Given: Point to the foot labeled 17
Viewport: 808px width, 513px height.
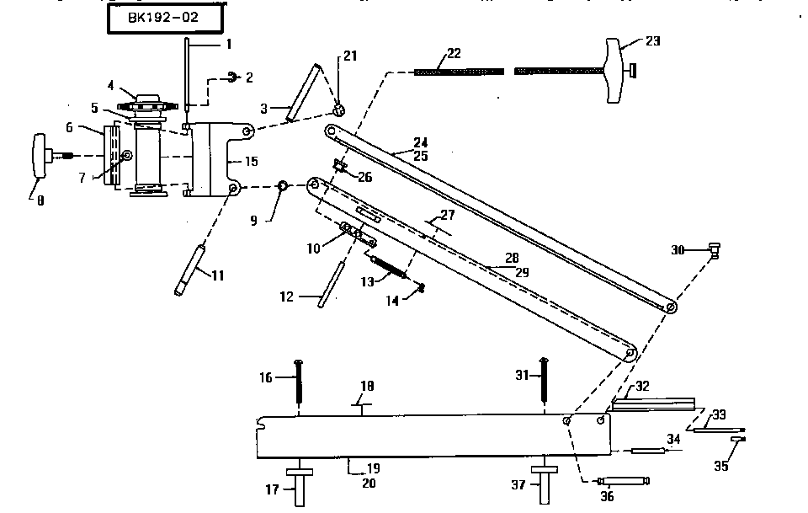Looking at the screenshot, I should click(x=299, y=487).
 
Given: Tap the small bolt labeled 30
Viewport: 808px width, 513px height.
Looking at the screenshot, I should click(x=714, y=249).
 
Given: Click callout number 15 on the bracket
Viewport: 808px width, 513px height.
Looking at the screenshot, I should click(x=252, y=160).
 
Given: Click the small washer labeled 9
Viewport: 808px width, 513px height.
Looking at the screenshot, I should click(x=284, y=185).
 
